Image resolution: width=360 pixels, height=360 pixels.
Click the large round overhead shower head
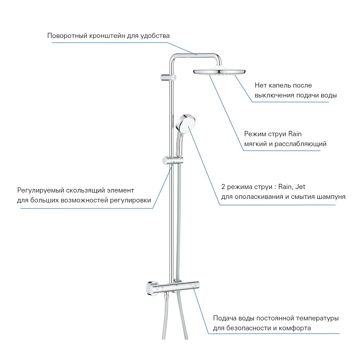tap(219, 72)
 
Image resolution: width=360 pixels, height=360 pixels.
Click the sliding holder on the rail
tap(173, 161)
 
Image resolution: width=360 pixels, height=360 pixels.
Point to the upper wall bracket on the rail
tap(168, 77)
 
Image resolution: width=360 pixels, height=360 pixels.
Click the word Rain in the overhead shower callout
tap(295, 134)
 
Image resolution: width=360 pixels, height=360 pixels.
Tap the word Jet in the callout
tap(300, 187)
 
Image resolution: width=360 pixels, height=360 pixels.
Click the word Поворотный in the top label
tap(67, 36)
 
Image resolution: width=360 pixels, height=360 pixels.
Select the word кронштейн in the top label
tap(107, 36)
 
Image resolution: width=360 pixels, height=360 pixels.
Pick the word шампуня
tap(331, 197)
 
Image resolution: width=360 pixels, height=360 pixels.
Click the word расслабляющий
tap(300, 144)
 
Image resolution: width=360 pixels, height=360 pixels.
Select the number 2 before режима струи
tap(223, 187)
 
